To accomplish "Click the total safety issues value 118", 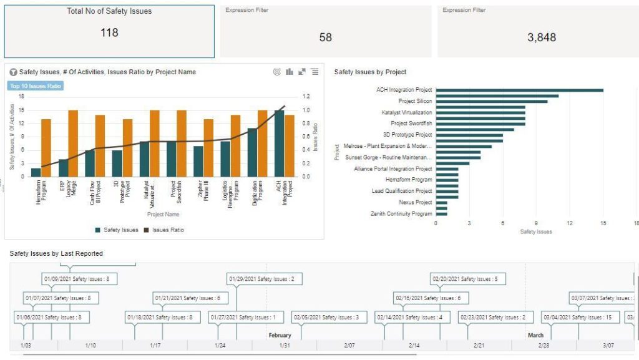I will click(x=109, y=32).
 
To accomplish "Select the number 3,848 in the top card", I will click(x=541, y=37).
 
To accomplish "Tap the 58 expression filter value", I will click(x=325, y=37).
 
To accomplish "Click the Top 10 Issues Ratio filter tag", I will click(x=36, y=85).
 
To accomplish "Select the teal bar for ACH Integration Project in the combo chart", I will click(x=279, y=143).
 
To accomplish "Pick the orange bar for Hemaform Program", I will click(x=46, y=147).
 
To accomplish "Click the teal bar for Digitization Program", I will click(x=252, y=152).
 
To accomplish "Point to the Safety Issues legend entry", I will click(x=117, y=230).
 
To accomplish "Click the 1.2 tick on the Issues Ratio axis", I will click(x=306, y=97).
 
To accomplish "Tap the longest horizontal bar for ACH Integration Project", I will click(x=519, y=90).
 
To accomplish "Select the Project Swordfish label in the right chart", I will click(x=411, y=124).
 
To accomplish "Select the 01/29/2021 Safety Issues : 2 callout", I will click(x=265, y=279).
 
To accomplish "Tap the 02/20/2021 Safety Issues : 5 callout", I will click(x=468, y=279).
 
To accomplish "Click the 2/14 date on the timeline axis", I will click(x=414, y=345).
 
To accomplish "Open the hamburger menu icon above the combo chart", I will click(x=315, y=72).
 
